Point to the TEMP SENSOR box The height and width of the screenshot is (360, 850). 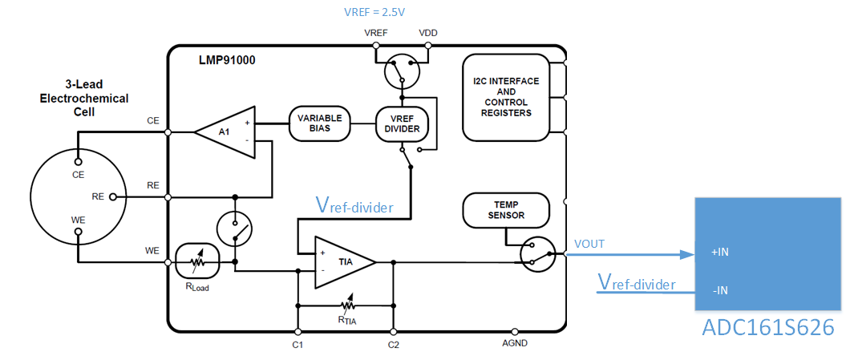pyautogui.click(x=507, y=210)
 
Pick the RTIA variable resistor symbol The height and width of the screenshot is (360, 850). pyautogui.click(x=347, y=305)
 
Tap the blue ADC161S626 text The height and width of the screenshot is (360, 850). pyautogui.click(x=768, y=329)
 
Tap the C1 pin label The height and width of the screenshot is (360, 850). pyautogui.click(x=297, y=346)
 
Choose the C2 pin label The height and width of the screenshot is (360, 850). pyautogui.click(x=393, y=346)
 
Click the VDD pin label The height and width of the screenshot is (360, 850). pyautogui.click(x=428, y=33)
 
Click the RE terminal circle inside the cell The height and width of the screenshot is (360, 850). pyautogui.click(x=112, y=196)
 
